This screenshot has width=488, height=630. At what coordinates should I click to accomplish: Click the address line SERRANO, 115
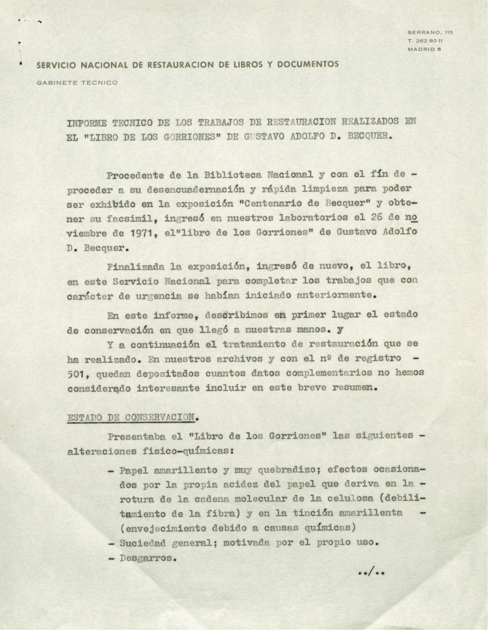(x=430, y=32)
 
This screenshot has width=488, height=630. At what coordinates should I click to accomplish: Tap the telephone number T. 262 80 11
(x=425, y=41)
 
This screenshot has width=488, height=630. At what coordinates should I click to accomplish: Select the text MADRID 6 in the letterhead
(x=424, y=49)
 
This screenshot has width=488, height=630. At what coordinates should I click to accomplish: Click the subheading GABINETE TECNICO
(x=77, y=83)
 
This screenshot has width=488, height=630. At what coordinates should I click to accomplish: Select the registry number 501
(x=78, y=374)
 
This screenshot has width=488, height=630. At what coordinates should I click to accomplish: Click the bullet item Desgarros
(x=147, y=558)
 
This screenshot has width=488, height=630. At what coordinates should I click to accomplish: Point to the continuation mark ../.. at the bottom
(x=371, y=572)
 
